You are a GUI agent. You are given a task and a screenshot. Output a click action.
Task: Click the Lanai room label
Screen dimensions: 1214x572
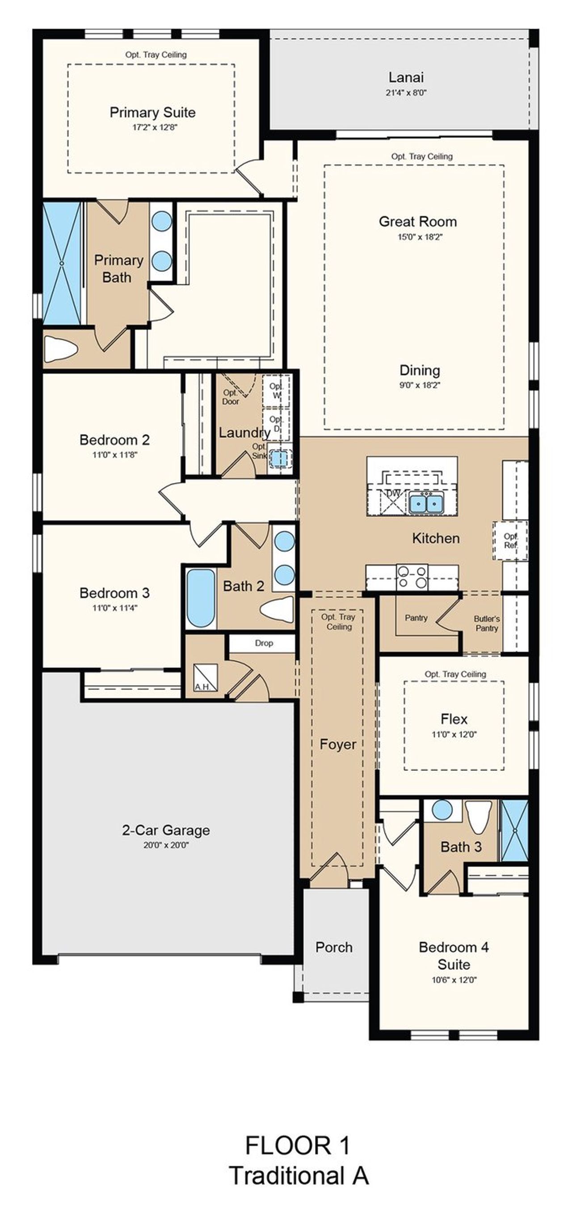point(406,77)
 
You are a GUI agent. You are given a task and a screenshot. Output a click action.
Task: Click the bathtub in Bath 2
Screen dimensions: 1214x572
point(201,598)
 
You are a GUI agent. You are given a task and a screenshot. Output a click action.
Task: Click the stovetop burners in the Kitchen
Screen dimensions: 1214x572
point(412,577)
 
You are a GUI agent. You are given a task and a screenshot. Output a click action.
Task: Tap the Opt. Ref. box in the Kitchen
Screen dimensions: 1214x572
point(510,541)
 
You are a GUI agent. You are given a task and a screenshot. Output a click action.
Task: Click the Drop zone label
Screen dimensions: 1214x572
point(263,643)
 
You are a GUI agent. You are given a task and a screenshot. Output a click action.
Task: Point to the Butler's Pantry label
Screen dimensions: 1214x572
point(487,623)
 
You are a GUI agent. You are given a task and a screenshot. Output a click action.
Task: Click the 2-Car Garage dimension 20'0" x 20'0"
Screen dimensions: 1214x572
point(166,846)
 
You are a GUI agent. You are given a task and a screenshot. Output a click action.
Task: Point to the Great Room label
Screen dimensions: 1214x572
point(417,221)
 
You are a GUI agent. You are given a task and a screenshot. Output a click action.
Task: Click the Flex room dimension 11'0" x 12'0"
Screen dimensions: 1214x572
point(454,734)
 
